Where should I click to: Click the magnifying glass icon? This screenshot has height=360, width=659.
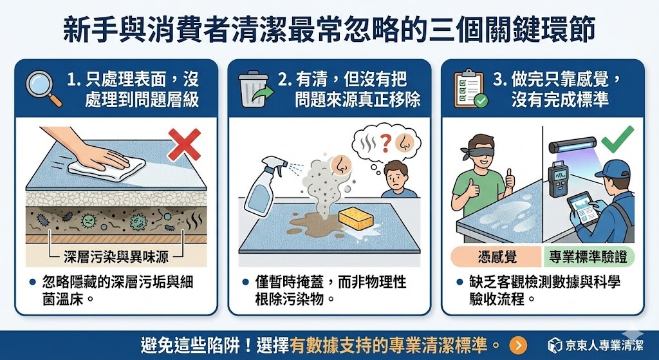pos(42,87)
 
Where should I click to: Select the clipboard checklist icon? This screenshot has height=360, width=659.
pos(469,88)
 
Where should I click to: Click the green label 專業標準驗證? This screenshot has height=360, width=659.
pos(589,256)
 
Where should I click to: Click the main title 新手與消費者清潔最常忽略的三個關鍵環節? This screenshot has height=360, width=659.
pos(329,29)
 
